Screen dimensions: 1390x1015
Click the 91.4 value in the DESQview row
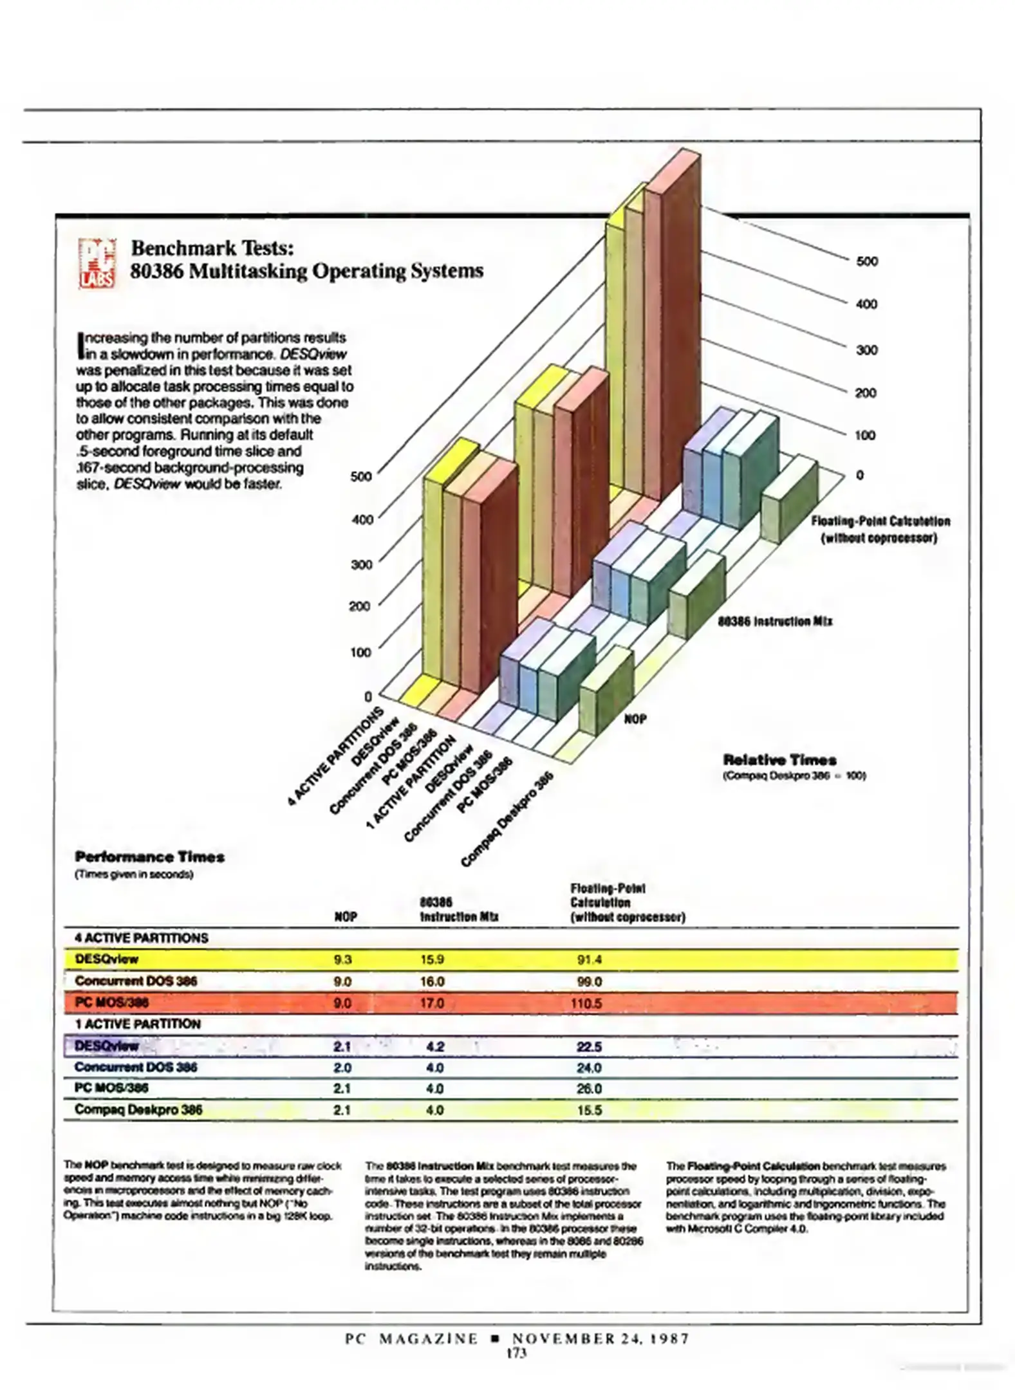(x=590, y=959)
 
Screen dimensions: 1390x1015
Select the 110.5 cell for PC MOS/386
(x=586, y=1003)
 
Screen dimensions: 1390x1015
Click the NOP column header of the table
(x=346, y=916)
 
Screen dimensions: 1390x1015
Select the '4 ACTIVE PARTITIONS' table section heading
(x=142, y=938)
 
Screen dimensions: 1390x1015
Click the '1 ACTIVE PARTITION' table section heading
(x=138, y=1024)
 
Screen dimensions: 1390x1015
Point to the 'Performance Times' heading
(x=149, y=857)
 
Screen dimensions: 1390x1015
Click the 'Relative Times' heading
(x=779, y=759)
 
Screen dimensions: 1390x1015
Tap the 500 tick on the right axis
(x=866, y=261)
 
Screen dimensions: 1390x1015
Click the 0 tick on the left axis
(x=368, y=696)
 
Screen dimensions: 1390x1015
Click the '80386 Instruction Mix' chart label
(x=775, y=621)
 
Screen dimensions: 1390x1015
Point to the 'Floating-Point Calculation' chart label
(x=880, y=521)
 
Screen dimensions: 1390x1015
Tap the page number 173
(x=516, y=1354)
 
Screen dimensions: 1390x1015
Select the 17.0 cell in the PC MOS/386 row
(x=432, y=1003)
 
